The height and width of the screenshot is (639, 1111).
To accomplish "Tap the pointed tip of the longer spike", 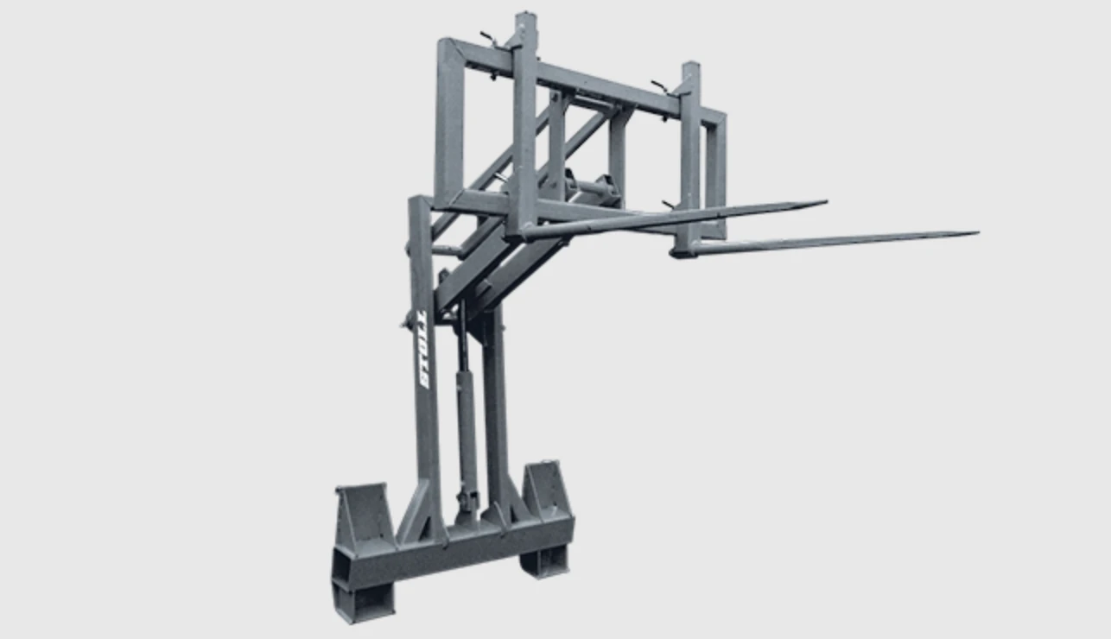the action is coord(978,233).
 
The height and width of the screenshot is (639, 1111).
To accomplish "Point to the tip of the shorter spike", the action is coord(826,202).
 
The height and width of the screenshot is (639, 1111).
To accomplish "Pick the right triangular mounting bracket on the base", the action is coord(547,490).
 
